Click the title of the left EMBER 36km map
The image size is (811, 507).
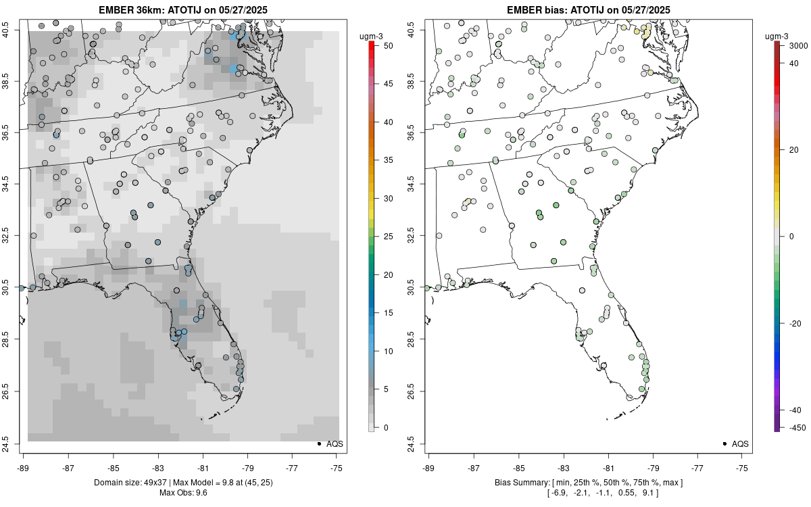point(183,9)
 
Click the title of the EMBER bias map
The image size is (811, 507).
point(589,9)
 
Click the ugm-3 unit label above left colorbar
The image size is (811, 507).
point(370,36)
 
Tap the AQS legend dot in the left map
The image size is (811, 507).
point(319,443)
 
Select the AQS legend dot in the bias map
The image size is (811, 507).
point(724,443)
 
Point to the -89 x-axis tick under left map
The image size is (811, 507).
point(23,467)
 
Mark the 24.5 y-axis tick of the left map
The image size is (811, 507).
point(14,444)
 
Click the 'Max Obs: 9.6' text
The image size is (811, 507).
point(183,492)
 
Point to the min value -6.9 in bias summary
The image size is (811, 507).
point(560,492)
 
